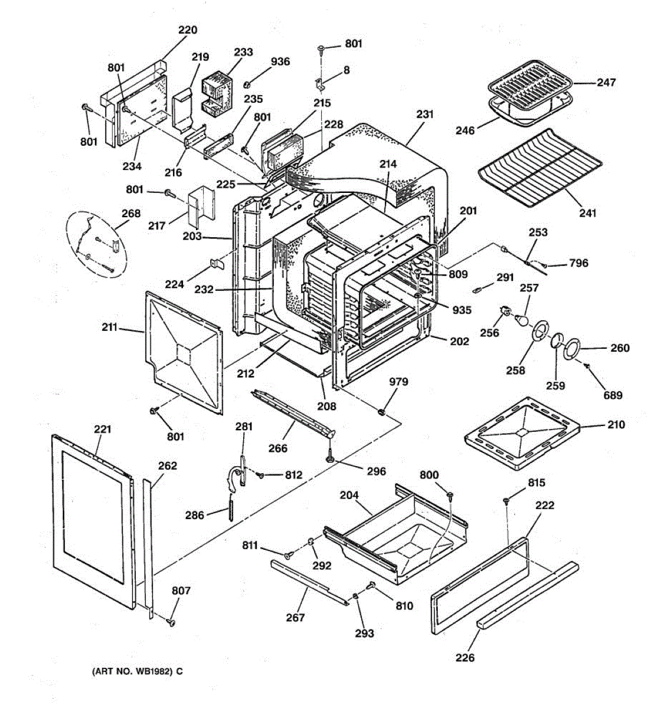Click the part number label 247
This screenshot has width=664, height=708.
tap(606, 83)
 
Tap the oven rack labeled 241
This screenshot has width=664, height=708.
tap(540, 168)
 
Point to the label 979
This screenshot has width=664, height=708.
tap(398, 382)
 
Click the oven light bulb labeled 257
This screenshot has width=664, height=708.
tap(521, 319)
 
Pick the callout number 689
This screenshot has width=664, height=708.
tap(613, 395)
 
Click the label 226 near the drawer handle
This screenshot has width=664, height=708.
tap(465, 658)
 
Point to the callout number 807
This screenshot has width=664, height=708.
tap(181, 591)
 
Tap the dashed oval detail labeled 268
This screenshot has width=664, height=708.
tap(96, 245)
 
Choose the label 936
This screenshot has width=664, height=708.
tap(280, 61)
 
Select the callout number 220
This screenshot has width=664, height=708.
tap(188, 29)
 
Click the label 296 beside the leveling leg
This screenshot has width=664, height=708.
tap(377, 471)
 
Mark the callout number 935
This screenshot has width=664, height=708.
tap(462, 310)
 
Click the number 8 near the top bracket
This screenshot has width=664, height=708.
tap(346, 70)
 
